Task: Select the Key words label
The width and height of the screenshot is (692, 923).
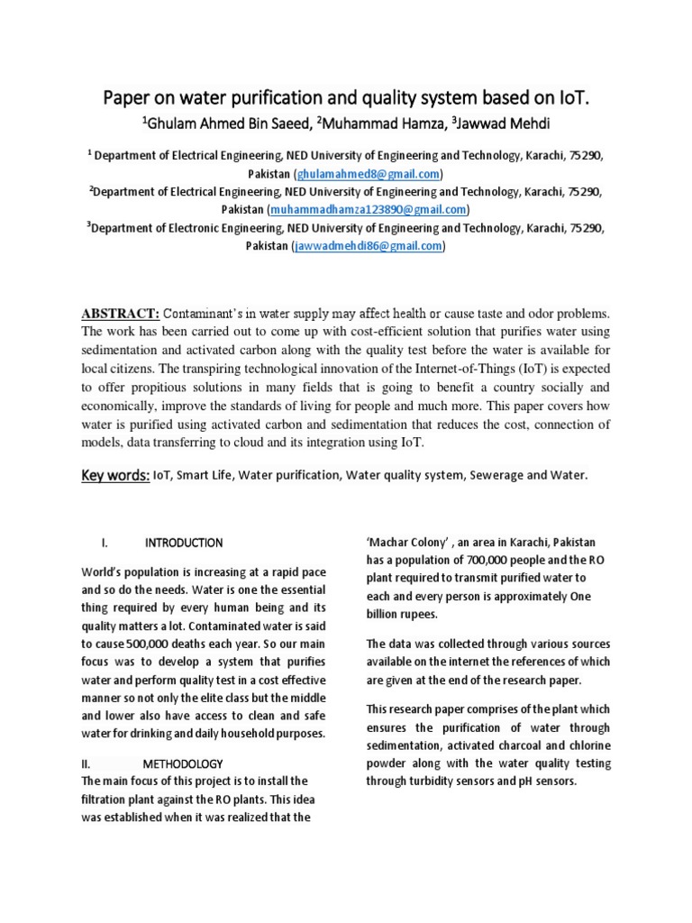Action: (x=115, y=475)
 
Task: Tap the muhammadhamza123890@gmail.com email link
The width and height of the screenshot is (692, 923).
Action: (x=370, y=209)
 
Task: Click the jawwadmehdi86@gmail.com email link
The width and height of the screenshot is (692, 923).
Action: (x=369, y=245)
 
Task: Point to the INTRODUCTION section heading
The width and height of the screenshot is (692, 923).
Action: (x=184, y=543)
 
